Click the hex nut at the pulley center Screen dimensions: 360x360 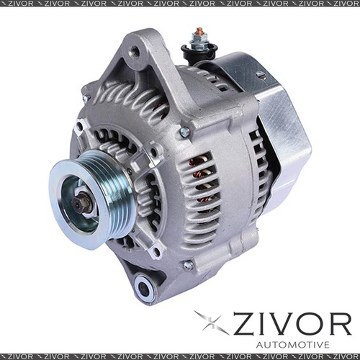(x=82, y=203)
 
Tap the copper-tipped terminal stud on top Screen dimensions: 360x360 (x=199, y=31)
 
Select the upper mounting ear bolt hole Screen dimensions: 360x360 (x=134, y=51)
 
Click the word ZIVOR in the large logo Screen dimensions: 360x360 (x=292, y=324)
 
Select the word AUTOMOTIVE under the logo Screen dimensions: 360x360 (x=293, y=345)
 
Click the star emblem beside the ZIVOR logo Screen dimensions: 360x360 (x=211, y=322)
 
